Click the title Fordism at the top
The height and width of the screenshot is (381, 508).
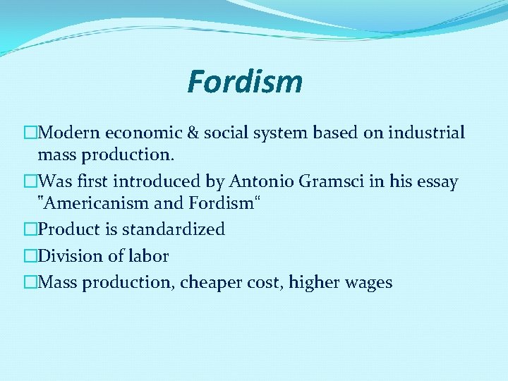245,82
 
